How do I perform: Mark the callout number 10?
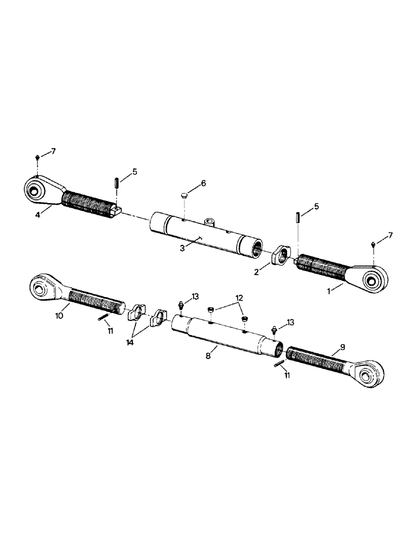point(59,315)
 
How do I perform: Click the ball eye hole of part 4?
point(35,189)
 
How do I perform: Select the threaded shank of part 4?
point(89,206)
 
